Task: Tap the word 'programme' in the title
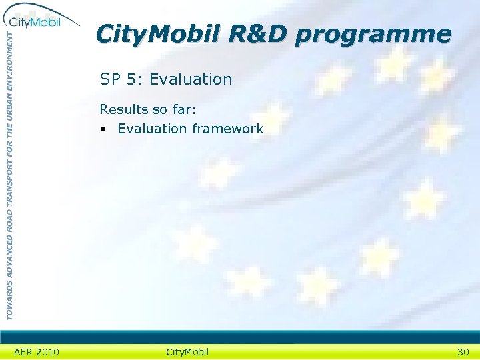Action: pyautogui.click(x=374, y=35)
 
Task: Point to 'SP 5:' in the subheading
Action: pyautogui.click(x=121, y=79)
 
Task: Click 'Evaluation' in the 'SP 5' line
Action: pyautogui.click(x=191, y=79)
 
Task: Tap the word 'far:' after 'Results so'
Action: pyautogui.click(x=192, y=109)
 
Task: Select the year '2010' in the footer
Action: pyautogui.click(x=47, y=352)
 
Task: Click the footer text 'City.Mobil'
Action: pyautogui.click(x=187, y=352)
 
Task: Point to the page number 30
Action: pyautogui.click(x=463, y=352)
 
